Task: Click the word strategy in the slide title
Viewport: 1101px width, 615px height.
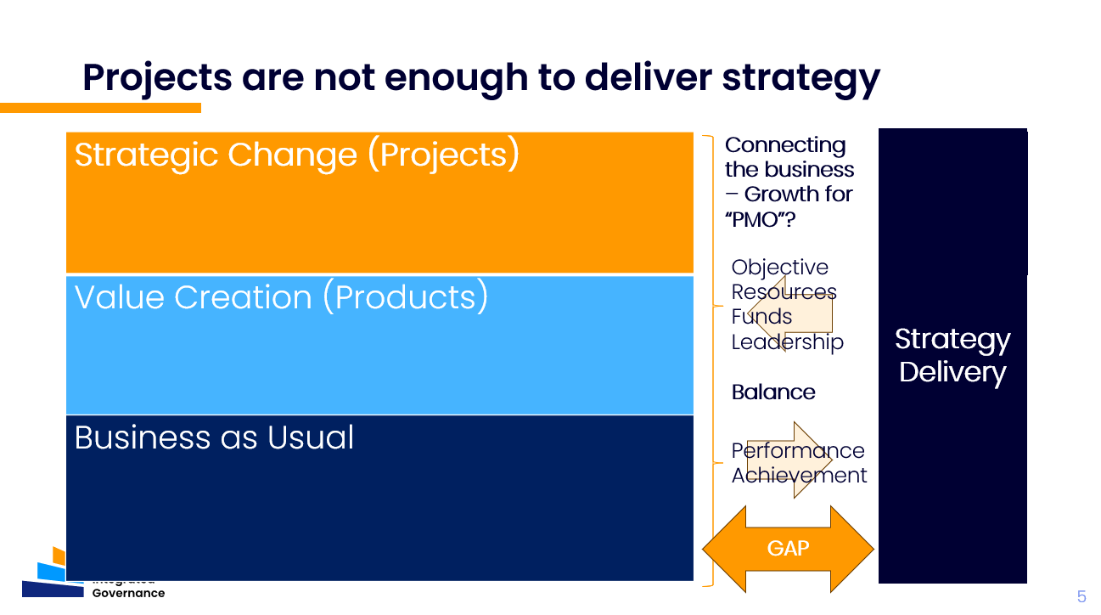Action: pos(800,77)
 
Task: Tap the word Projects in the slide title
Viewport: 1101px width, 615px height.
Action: pos(157,77)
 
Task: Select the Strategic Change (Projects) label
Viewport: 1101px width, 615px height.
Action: pos(297,155)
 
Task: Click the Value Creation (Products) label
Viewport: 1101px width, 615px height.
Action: pos(281,297)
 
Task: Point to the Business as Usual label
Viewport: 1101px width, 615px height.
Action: pos(214,437)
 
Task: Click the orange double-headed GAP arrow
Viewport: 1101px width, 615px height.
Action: pos(788,549)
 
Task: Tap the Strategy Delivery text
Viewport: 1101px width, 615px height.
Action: pos(952,355)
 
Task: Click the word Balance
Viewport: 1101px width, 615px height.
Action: pos(773,392)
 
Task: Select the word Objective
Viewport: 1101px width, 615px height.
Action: pos(779,268)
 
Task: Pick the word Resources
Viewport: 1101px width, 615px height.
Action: pos(784,292)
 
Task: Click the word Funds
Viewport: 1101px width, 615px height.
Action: pos(761,317)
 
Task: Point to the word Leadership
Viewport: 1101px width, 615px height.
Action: pos(787,341)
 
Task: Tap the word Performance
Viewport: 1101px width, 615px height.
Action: pos(798,451)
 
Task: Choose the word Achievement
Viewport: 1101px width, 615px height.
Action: pos(799,476)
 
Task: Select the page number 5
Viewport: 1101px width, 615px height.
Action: pos(1081,596)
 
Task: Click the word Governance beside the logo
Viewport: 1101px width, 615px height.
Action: pos(128,593)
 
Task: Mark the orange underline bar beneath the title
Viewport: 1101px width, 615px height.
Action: pos(100,108)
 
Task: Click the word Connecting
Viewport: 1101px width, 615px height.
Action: pos(785,145)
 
